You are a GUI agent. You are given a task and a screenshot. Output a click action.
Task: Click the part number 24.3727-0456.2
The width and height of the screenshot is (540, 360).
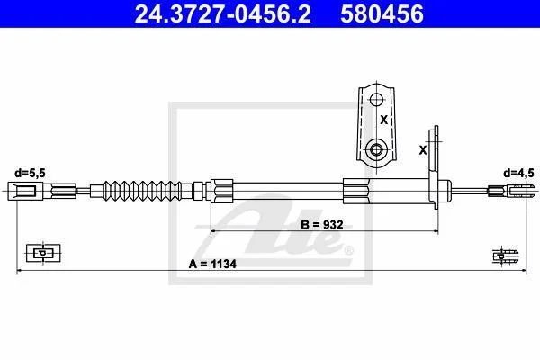222,13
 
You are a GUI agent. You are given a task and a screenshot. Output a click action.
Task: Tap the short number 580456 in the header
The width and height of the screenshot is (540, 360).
382,13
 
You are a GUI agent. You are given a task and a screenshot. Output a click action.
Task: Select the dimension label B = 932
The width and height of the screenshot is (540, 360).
322,225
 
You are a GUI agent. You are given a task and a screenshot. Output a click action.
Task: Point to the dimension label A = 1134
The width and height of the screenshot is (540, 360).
212,265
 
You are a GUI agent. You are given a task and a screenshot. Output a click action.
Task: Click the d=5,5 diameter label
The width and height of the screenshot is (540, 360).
30,173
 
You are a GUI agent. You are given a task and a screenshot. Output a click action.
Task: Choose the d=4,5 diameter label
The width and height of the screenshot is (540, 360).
518,173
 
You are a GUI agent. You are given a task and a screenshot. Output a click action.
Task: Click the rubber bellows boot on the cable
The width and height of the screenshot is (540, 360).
142,191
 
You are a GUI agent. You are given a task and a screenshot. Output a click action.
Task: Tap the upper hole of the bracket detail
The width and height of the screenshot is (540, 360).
376,100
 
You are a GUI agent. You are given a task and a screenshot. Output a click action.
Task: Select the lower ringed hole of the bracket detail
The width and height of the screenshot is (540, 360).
376,150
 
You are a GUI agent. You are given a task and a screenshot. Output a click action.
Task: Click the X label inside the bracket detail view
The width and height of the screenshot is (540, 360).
383,120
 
